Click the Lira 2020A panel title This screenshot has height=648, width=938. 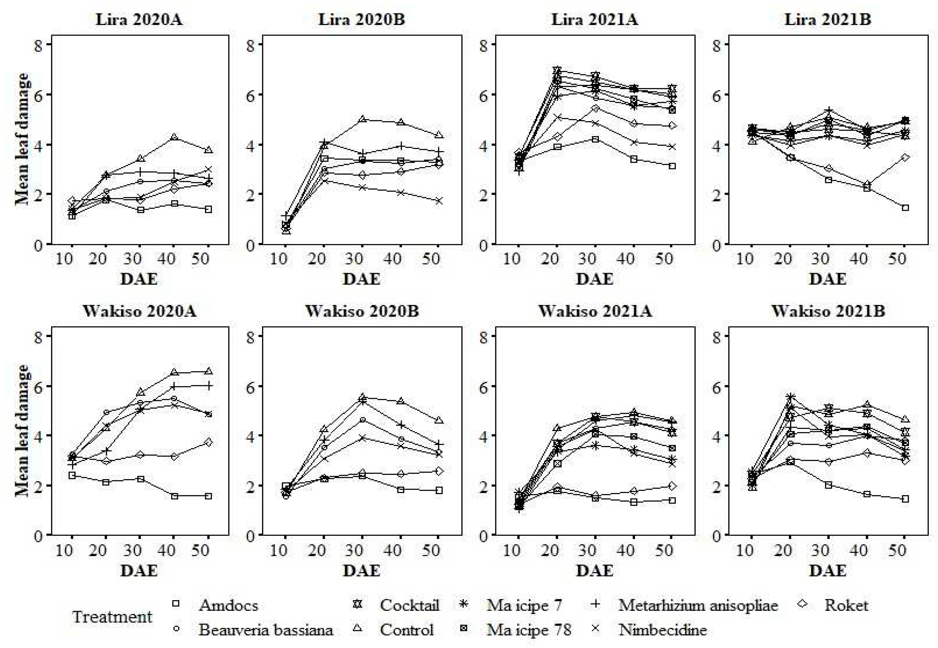click(x=139, y=20)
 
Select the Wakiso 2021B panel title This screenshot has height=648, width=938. click(x=828, y=311)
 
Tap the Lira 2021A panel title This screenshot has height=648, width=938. click(x=594, y=20)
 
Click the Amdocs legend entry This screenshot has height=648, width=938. click(x=228, y=605)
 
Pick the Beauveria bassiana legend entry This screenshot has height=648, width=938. click(x=265, y=630)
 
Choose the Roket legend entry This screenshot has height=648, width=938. click(x=846, y=605)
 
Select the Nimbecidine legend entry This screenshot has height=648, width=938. click(x=662, y=630)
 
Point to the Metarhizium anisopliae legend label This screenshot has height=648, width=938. click(x=698, y=605)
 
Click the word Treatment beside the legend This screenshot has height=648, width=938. click(x=112, y=617)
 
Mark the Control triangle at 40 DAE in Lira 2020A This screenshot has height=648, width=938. click(x=174, y=137)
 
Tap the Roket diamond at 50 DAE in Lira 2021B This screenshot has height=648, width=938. click(x=905, y=157)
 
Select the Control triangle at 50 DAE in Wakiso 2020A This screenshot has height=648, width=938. click(x=208, y=371)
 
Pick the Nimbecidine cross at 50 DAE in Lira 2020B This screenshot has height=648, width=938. click(x=439, y=200)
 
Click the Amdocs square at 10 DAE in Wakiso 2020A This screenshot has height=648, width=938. click(x=72, y=475)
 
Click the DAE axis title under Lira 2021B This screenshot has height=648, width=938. click(x=828, y=279)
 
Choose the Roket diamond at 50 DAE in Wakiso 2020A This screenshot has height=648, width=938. click(x=208, y=442)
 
